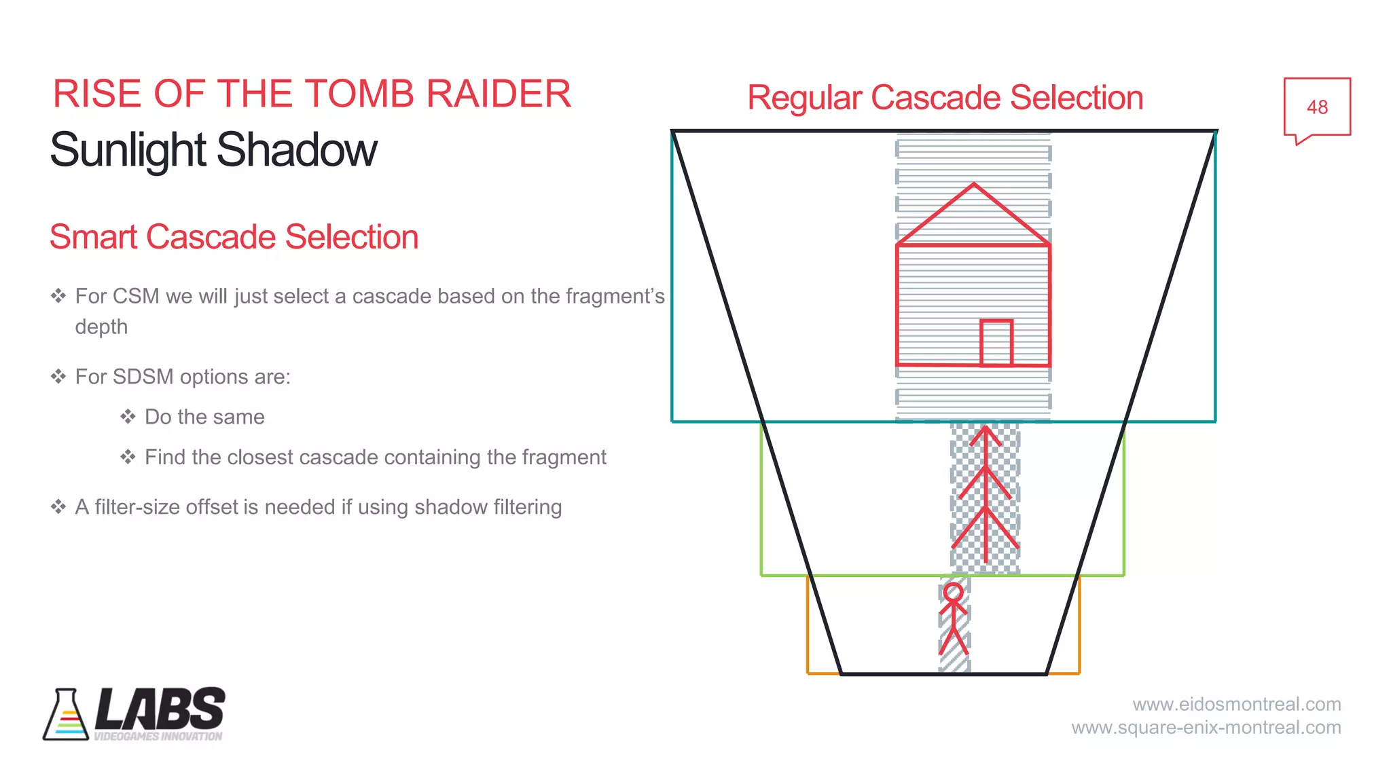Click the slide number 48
tap(1317, 107)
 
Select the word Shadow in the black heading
tap(297, 150)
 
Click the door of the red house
tap(996, 343)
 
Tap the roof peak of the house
tap(974, 185)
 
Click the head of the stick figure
tap(954, 593)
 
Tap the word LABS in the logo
tap(160, 709)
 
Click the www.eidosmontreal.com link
tap(1236, 705)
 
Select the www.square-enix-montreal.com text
tap(1206, 728)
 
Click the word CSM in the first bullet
tap(136, 297)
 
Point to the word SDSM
tap(143, 377)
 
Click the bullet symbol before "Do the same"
tap(128, 417)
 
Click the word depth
tap(101, 327)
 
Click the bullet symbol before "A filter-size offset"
tap(58, 507)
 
